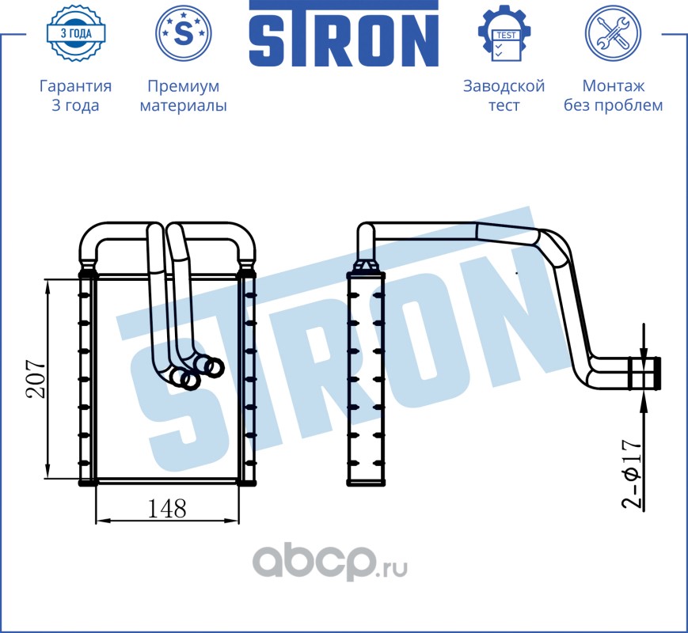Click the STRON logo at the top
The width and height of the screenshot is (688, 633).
(x=344, y=34)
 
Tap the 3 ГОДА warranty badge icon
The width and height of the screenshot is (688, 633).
(x=75, y=32)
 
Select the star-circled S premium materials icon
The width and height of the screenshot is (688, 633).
(x=183, y=33)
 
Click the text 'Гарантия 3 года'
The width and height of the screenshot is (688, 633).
(x=75, y=96)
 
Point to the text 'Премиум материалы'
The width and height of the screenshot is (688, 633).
(x=183, y=96)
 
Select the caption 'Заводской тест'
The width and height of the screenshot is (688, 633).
(x=504, y=96)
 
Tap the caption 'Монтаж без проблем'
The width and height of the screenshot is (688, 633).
(x=613, y=96)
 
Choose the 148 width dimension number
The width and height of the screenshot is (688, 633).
(x=166, y=508)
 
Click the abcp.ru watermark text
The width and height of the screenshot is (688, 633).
(x=330, y=563)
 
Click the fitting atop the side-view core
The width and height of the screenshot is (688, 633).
(x=365, y=265)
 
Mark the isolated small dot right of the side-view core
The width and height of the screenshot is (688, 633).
(x=516, y=274)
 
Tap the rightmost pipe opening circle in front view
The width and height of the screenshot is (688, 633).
(x=214, y=366)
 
